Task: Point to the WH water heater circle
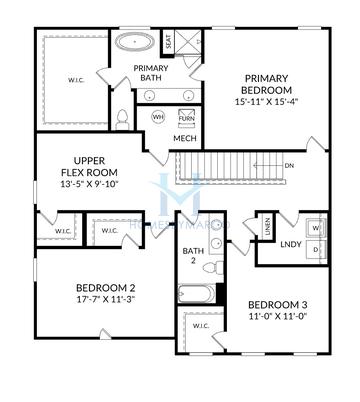[x=157, y=117]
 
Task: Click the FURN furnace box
[x=186, y=117]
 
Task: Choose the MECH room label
[x=184, y=139]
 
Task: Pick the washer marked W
[x=317, y=226]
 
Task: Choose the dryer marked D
[x=317, y=248]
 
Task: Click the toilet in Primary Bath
[x=121, y=120]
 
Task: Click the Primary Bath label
[x=151, y=73]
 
